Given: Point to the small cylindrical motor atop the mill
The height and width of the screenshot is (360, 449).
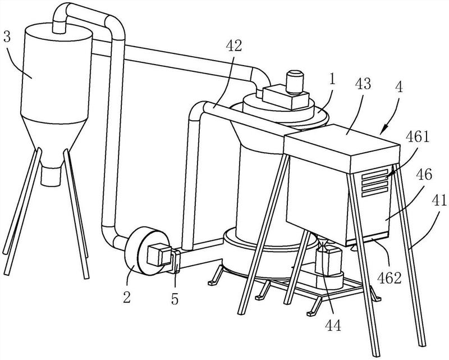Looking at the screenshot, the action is [295, 81].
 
